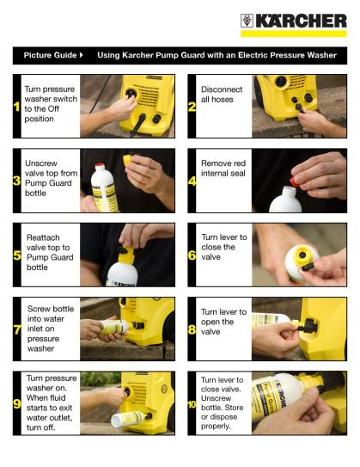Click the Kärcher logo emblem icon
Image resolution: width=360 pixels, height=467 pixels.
tap(247, 21)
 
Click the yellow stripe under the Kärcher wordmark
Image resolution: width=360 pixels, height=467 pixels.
tap(294, 34)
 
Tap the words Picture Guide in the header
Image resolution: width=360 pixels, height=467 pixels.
tap(50, 55)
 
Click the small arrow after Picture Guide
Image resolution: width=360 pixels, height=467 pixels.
tap(82, 55)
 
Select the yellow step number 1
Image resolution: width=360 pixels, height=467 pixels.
tap(16, 107)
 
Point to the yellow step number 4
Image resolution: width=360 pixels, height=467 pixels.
tap(192, 181)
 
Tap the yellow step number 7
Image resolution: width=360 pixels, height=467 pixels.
tap(17, 329)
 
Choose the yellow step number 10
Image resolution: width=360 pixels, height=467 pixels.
tap(192, 404)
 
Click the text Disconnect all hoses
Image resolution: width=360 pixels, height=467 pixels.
tap(222, 94)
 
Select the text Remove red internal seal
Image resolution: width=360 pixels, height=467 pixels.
tap(223, 168)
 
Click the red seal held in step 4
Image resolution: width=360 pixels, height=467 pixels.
tap(294, 181)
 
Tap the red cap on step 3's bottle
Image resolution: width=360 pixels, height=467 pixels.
tap(100, 165)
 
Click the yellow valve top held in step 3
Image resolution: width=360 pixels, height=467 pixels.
tap(128, 159)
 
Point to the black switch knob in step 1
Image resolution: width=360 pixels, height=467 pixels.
tap(131, 93)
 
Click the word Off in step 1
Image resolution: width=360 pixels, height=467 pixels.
tap(53, 108)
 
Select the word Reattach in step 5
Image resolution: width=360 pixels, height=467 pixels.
tap(43, 237)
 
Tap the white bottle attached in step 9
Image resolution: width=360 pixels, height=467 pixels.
tap(128, 419)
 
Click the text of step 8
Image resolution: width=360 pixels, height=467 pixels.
tap(223, 322)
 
